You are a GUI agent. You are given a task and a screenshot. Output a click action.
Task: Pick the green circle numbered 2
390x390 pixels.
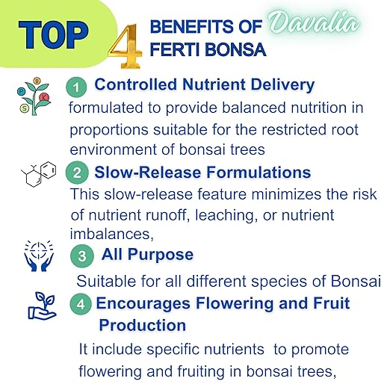coord(77,174)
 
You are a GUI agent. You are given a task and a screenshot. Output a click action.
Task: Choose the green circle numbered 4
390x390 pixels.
coord(82,305)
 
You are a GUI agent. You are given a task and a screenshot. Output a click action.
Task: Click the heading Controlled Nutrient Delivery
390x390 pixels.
coord(205,85)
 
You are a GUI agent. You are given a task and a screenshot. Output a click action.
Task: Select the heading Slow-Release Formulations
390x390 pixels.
coord(202,173)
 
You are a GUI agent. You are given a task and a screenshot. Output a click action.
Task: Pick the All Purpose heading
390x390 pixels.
coord(147,255)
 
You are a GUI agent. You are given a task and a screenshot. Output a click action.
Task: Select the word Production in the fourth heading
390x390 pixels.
coord(143,326)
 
